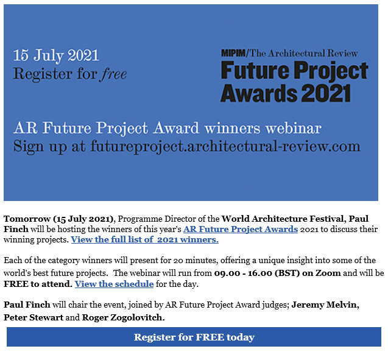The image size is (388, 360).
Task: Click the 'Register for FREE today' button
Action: click(x=194, y=337)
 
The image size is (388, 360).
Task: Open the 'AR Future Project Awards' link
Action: click(x=241, y=229)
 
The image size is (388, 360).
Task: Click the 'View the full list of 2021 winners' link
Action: click(x=145, y=239)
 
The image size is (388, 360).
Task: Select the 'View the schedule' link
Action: click(x=114, y=284)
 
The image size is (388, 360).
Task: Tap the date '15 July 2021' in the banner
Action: click(x=56, y=55)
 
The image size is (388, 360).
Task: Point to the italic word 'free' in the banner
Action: click(x=113, y=74)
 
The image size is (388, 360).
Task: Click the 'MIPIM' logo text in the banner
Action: click(x=233, y=53)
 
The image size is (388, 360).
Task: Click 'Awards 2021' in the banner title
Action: click(x=286, y=93)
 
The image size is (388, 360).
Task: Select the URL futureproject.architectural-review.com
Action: click(x=225, y=146)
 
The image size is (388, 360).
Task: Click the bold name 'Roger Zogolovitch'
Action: click(x=123, y=317)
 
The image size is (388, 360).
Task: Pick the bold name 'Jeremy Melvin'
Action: click(x=325, y=305)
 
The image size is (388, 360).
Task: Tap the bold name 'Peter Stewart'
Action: click(x=34, y=317)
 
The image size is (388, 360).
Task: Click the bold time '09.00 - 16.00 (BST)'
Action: click(x=257, y=273)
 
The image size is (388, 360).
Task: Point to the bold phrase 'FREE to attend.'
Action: click(x=38, y=284)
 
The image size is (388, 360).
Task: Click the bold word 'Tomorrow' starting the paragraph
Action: click(x=27, y=219)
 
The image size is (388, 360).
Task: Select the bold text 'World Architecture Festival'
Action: click(x=283, y=219)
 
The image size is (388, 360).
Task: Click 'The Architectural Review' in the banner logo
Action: click(x=303, y=53)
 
